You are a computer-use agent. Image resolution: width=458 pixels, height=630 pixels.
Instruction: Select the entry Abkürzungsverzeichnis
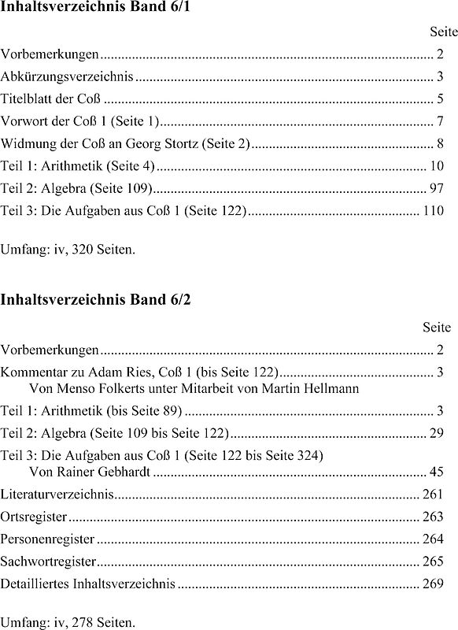[x=67, y=77]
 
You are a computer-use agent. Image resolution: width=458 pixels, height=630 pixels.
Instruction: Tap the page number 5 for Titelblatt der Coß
[x=440, y=100]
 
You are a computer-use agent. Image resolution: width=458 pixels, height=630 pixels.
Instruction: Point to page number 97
[x=437, y=188]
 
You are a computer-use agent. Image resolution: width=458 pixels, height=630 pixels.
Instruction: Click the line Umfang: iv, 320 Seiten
[x=68, y=250]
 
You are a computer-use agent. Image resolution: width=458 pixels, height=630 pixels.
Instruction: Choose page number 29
[x=437, y=433]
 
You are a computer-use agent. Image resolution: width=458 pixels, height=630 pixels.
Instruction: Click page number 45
[x=437, y=472]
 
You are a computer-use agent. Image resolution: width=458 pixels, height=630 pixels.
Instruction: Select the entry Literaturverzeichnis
[x=57, y=495]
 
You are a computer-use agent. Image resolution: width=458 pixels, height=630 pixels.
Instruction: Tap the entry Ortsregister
[x=34, y=517]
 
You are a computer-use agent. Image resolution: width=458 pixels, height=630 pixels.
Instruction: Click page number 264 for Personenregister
[x=433, y=539]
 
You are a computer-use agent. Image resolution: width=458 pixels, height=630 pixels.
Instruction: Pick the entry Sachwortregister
[x=48, y=561]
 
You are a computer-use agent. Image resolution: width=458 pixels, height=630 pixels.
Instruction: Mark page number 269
[x=433, y=584]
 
